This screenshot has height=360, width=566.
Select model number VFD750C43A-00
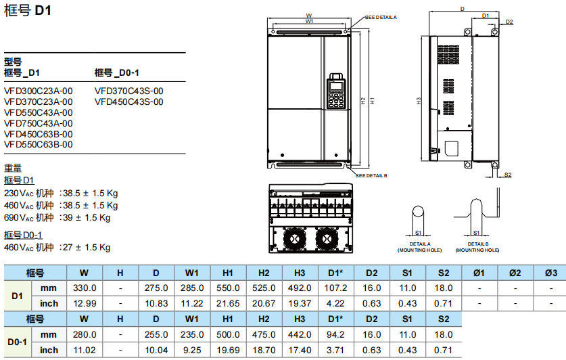coord(39,123)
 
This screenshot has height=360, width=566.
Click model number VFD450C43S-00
coord(129,102)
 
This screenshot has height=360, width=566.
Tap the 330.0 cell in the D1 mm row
coord(84,288)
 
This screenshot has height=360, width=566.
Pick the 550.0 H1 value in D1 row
coord(227,288)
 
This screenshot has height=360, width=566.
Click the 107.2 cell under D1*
coord(335,288)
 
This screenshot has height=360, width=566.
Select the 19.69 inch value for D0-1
coord(227,350)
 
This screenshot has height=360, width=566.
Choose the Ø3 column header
coord(550,273)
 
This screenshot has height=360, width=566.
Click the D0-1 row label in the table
coord(18,342)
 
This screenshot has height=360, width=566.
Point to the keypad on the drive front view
coord(335,91)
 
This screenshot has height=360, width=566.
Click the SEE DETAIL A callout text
coord(381,17)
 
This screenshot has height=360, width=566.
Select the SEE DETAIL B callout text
coord(371,175)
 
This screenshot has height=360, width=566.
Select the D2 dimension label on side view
coord(509,22)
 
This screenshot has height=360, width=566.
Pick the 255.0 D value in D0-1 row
coord(156,334)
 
